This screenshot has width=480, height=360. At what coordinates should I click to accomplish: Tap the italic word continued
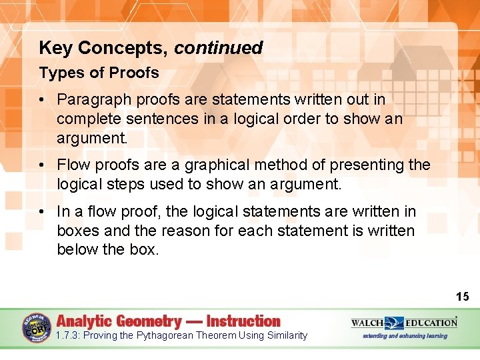coord(219,48)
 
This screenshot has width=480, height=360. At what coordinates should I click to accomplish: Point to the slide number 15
coord(462,297)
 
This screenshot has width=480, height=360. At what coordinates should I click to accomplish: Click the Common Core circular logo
coord(37,327)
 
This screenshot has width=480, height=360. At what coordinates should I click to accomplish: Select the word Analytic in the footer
coord(85,321)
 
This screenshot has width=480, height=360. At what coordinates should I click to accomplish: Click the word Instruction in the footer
coord(243,321)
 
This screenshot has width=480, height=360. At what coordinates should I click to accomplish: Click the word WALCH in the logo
coord(367,323)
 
